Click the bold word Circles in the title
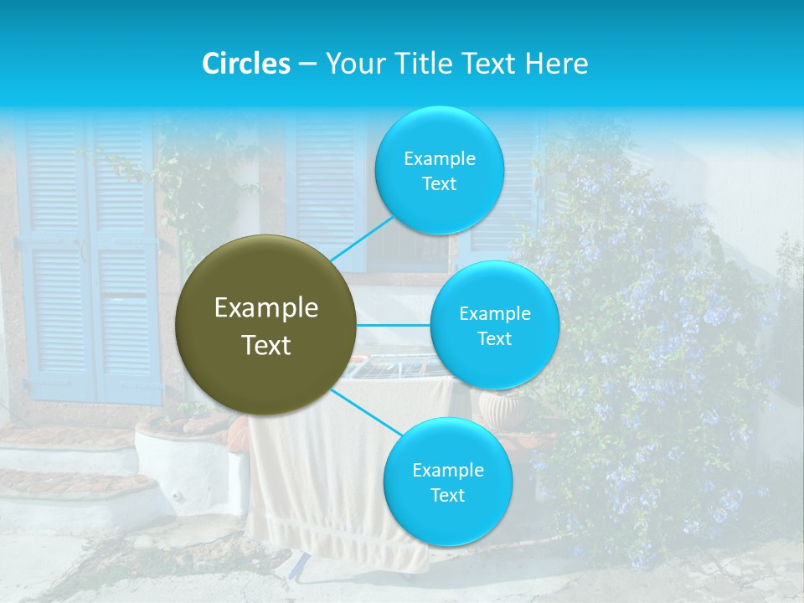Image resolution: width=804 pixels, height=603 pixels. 246,64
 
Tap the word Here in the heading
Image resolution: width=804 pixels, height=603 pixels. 557,64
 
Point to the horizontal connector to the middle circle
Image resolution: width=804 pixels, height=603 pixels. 394,325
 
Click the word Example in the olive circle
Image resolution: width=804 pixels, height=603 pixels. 266,308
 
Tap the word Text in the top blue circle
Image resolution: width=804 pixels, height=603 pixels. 440,184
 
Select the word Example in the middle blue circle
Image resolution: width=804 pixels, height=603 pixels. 495,314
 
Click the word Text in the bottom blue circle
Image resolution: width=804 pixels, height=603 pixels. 447,496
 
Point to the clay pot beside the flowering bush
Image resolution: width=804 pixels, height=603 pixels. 501,409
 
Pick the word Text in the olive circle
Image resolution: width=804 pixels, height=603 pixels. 266,345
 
